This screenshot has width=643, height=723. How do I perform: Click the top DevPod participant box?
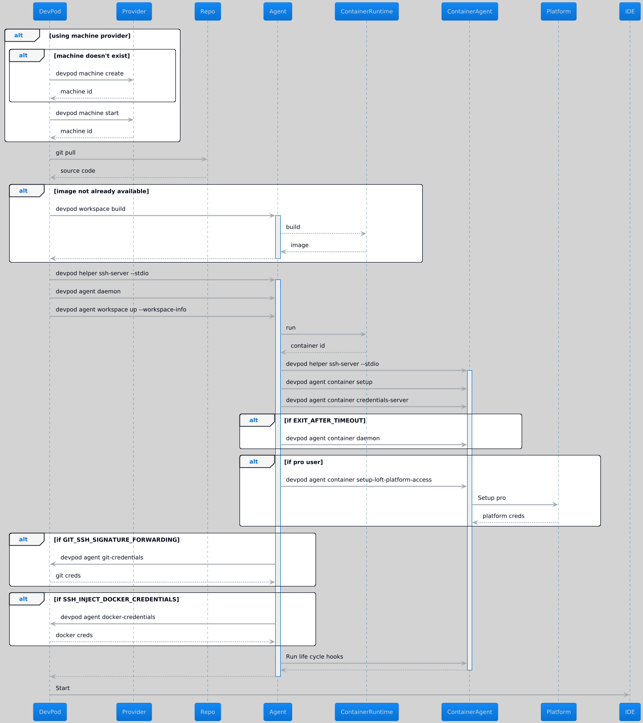50,11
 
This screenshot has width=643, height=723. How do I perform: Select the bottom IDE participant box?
630,712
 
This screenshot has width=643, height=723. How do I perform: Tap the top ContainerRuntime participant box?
366,11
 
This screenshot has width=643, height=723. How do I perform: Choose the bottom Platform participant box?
558,712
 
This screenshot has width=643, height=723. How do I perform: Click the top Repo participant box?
207,11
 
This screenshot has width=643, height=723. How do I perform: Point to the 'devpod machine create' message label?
90,73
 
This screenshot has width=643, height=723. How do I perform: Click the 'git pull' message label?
65,153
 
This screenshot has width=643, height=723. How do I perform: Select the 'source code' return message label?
78,171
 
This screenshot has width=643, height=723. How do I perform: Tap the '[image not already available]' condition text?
101,191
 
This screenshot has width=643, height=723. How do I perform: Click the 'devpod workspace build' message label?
91,209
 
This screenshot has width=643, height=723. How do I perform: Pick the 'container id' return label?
308,346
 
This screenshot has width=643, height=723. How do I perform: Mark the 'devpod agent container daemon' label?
333,438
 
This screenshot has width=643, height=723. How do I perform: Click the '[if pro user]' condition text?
303,462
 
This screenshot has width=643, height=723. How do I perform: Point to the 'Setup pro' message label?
492,498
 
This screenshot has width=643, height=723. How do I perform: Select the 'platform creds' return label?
503,516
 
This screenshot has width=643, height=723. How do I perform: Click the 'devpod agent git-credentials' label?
102,558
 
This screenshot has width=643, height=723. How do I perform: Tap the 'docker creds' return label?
74,635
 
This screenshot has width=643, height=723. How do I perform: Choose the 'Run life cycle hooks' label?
315,657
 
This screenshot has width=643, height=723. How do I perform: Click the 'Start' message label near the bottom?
63,688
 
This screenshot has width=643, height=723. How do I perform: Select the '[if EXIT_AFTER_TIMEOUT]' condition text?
325,421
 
